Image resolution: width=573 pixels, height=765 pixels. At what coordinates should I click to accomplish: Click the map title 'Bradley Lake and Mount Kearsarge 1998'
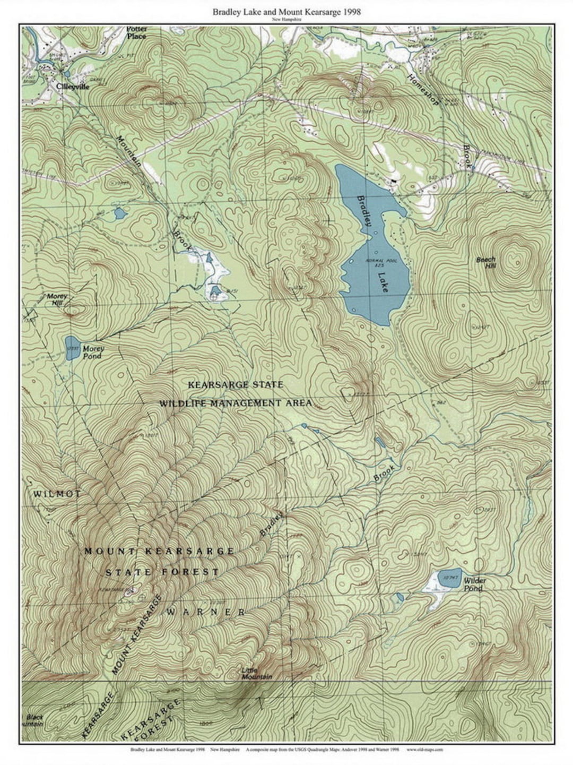[286, 12]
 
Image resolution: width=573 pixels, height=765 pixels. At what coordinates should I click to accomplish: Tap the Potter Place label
[136, 32]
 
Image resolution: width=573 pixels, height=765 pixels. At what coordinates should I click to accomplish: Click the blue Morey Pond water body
[72, 348]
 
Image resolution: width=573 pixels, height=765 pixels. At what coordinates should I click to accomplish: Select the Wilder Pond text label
[473, 585]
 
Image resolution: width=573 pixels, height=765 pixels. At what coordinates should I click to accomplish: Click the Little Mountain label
[257, 673]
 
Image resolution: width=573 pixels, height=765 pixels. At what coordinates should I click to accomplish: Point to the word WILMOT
[57, 494]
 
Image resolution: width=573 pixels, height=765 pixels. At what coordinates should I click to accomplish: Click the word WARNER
[206, 612]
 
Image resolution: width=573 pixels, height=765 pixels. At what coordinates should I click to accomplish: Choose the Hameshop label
[423, 89]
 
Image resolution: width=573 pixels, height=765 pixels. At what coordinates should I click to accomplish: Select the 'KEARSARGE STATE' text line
[236, 384]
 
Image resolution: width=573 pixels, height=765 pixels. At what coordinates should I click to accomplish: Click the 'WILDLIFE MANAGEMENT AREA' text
[236, 403]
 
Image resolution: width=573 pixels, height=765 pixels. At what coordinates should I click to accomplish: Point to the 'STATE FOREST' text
[162, 572]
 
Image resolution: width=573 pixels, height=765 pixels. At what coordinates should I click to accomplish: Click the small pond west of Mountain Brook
[120, 214]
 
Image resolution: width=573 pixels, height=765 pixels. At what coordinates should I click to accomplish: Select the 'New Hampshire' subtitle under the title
[286, 20]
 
